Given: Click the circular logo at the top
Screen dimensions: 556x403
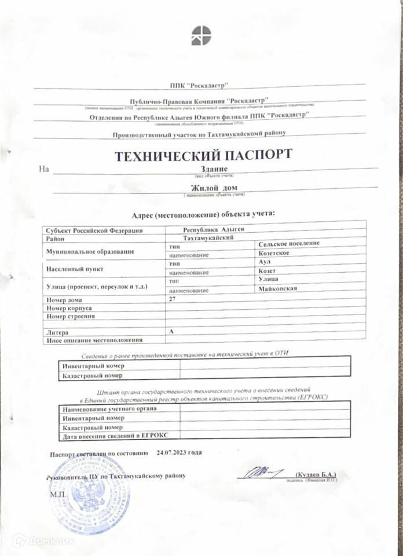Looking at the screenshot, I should [201, 35].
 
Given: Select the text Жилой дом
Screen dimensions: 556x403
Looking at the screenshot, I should [214, 188].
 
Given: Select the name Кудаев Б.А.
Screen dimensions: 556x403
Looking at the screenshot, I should [315, 474].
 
